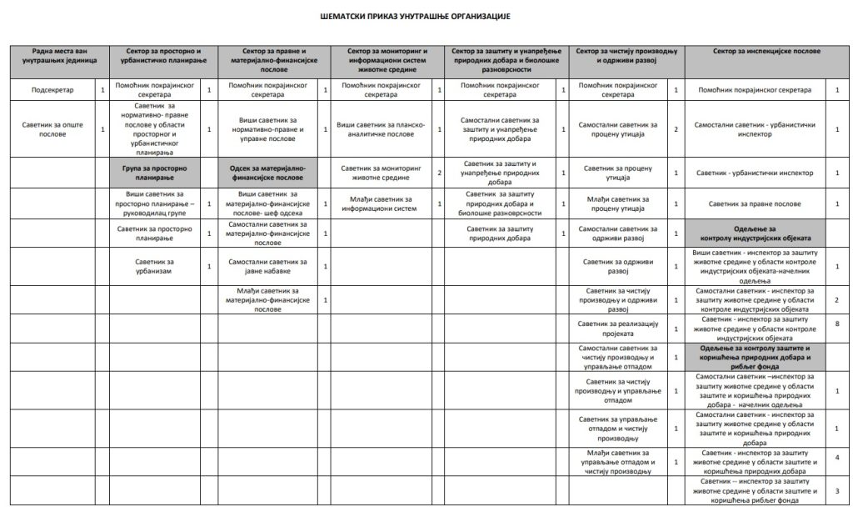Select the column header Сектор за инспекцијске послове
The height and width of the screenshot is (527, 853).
tap(760, 52)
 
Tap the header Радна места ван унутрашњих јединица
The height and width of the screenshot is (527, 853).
tap(59, 57)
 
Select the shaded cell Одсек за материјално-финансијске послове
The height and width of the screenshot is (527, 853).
tap(268, 173)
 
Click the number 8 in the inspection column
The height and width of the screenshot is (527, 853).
tap(836, 322)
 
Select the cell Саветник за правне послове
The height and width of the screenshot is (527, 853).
tap(755, 204)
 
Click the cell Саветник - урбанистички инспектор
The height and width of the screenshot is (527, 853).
tap(755, 173)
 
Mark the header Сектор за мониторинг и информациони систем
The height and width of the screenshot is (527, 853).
tap(387, 57)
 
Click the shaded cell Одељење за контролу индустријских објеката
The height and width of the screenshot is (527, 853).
tap(755, 231)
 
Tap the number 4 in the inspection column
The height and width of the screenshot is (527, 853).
tap(836, 457)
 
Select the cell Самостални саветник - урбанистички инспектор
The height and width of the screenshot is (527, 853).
tap(755, 128)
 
